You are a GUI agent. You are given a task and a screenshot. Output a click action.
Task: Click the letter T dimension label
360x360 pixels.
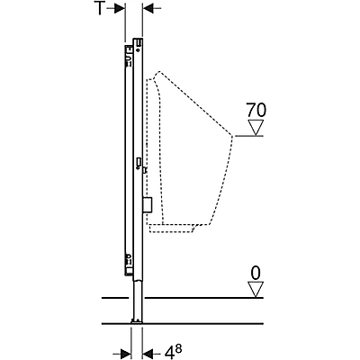(103, 9)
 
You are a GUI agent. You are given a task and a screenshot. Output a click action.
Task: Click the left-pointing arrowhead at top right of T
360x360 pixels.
(149, 9)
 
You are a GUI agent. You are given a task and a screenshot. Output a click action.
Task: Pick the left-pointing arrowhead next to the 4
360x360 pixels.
(148, 352)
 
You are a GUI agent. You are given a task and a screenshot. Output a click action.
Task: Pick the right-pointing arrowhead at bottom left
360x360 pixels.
(122, 352)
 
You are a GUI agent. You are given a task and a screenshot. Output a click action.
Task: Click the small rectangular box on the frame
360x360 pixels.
(146, 206)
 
